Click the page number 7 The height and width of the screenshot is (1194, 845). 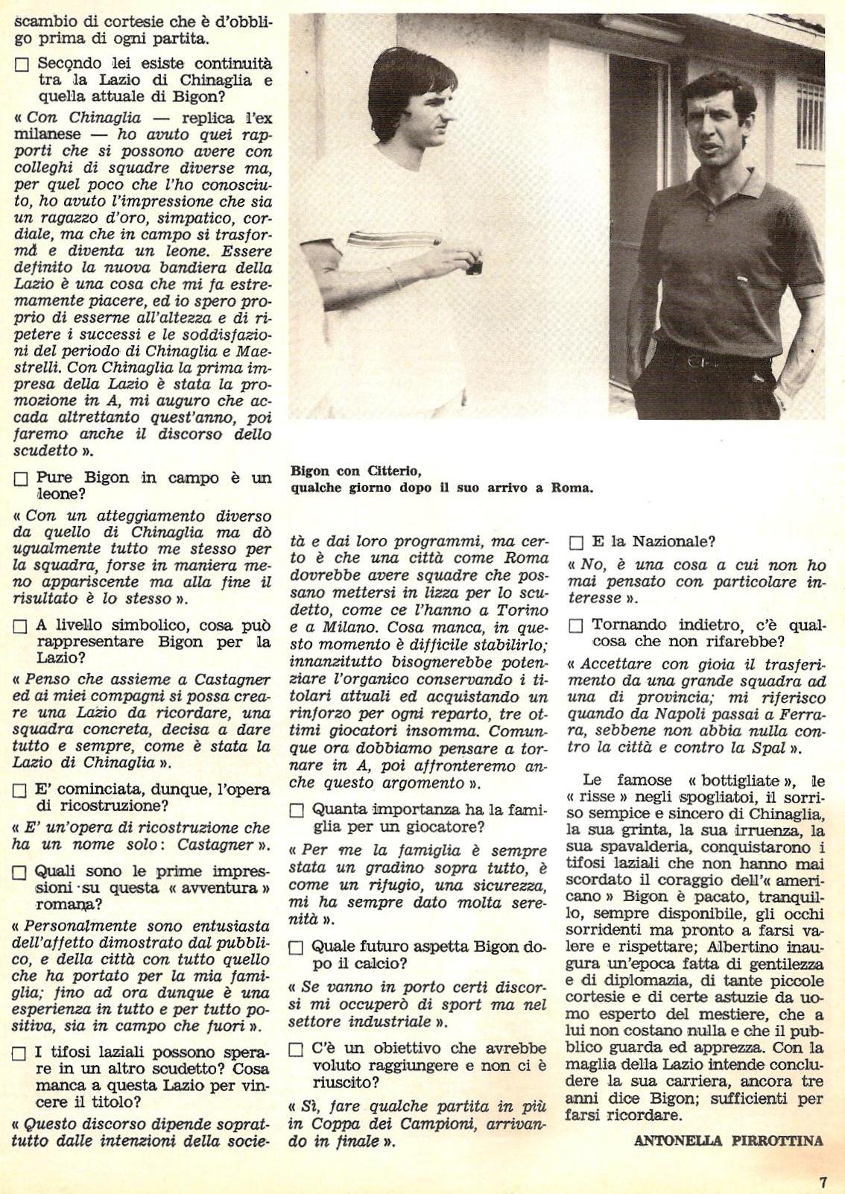823,1182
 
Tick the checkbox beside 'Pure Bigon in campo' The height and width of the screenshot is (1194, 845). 21,479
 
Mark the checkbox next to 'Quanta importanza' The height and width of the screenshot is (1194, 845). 297,810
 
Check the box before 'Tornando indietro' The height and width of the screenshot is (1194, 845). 576,626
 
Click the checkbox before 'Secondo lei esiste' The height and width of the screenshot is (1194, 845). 21,65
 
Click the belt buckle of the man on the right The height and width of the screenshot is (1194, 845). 697,361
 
